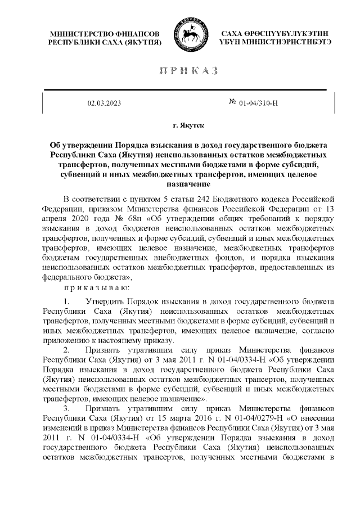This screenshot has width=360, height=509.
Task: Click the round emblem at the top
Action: (x=191, y=35)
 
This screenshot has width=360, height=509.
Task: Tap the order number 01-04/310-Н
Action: (x=259, y=103)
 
